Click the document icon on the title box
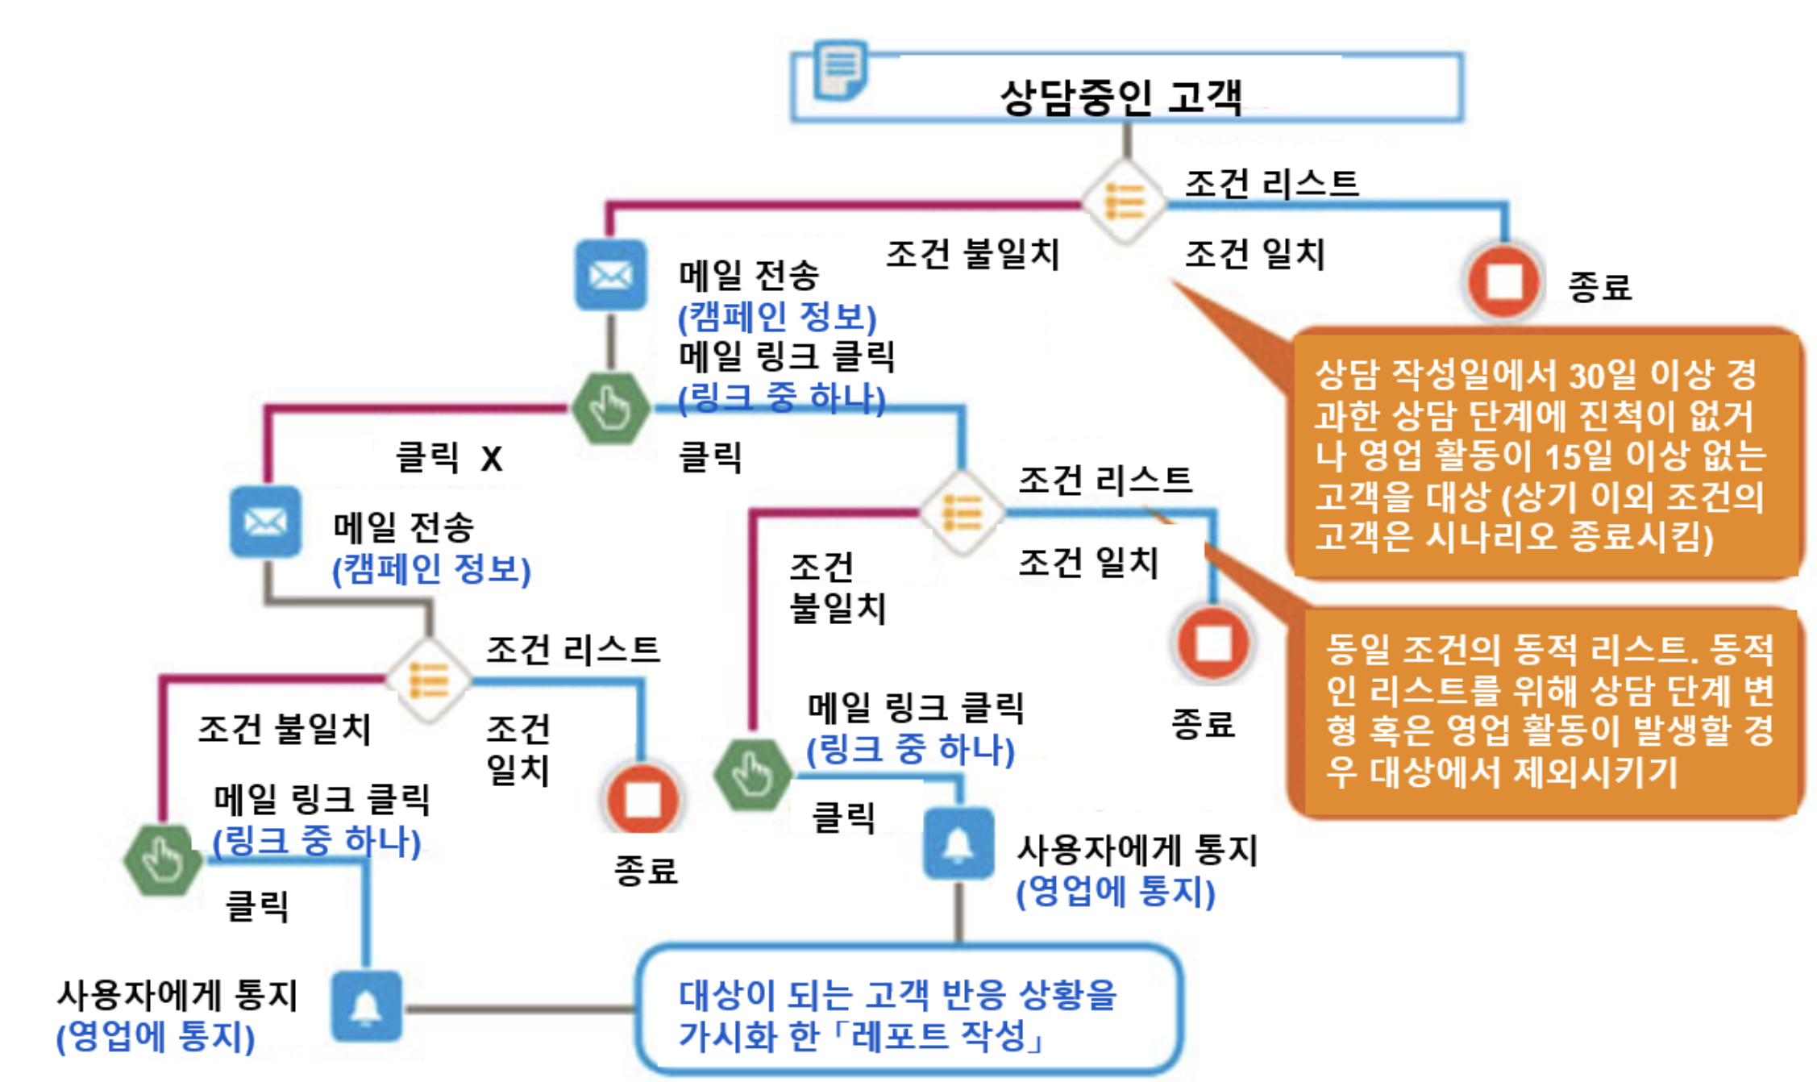840,70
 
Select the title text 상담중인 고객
1121,98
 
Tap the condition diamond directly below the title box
1124,201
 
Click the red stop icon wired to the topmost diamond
1503,281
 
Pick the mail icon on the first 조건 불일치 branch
610,275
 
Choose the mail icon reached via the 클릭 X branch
265,522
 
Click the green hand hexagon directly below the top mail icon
610,408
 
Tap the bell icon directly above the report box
958,843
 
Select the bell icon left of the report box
366,1006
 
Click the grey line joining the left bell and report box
520,1008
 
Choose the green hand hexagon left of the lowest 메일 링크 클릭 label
163,859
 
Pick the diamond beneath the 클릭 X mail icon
428,680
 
